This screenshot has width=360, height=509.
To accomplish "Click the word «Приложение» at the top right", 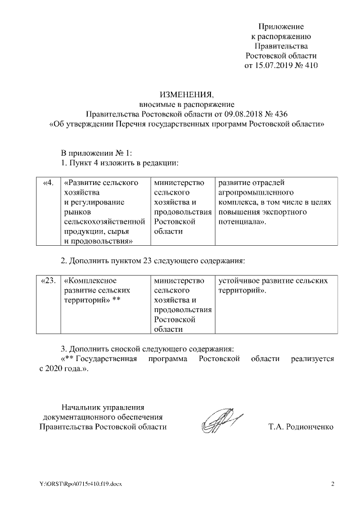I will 281,26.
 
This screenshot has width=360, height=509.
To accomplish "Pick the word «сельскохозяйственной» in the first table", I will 105,222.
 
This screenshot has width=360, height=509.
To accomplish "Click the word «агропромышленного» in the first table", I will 251,192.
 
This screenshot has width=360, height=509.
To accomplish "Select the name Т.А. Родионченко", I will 301,427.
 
